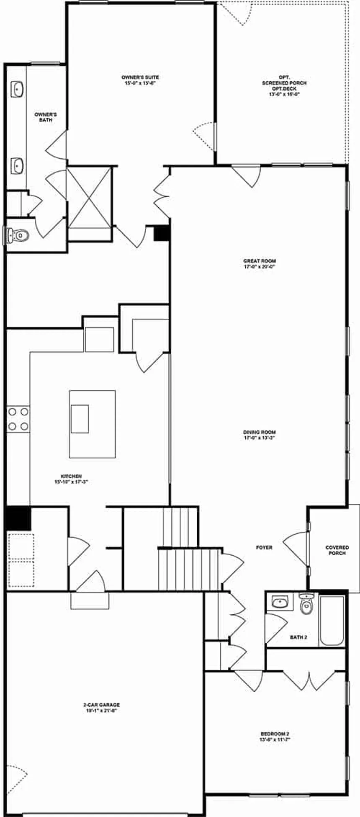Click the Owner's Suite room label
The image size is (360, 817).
140,80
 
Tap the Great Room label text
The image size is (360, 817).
260,263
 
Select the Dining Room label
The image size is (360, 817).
260,435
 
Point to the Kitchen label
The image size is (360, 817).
71,479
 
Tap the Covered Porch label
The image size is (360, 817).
337,550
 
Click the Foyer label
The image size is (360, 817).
264,547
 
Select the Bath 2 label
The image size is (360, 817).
298,637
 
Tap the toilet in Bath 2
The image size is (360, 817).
307,604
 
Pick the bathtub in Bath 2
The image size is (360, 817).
332,620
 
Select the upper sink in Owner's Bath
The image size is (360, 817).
17,90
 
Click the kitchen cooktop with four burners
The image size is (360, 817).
18,419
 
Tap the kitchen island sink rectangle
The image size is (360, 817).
80,419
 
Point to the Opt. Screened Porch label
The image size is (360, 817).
284,86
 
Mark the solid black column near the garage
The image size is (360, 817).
18,518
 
